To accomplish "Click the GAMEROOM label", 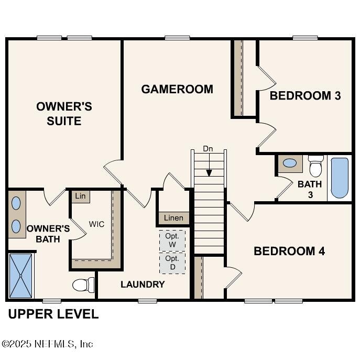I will click(x=177, y=89).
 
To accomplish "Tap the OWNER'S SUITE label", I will click(x=64, y=114).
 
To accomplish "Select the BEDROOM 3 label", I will click(x=305, y=96).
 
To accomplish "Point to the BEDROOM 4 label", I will click(x=289, y=251).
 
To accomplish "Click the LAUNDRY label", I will click(x=143, y=285).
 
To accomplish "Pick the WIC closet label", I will click(x=96, y=224).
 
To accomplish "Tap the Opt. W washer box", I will click(x=172, y=241).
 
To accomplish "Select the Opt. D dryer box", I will click(x=172, y=263).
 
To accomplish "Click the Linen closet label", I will click(x=173, y=218).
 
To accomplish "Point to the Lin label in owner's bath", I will click(x=80, y=196).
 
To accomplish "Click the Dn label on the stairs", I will click(x=208, y=149).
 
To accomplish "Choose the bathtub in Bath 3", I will click(x=340, y=178).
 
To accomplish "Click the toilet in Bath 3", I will click(x=315, y=166).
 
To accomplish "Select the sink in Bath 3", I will click(x=289, y=163).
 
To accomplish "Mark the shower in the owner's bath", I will click(x=21, y=276).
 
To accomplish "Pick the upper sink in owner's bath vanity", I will click(x=16, y=203).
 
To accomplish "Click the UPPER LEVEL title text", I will click(x=53, y=314).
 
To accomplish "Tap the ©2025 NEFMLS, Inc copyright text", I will click(x=48, y=344).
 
